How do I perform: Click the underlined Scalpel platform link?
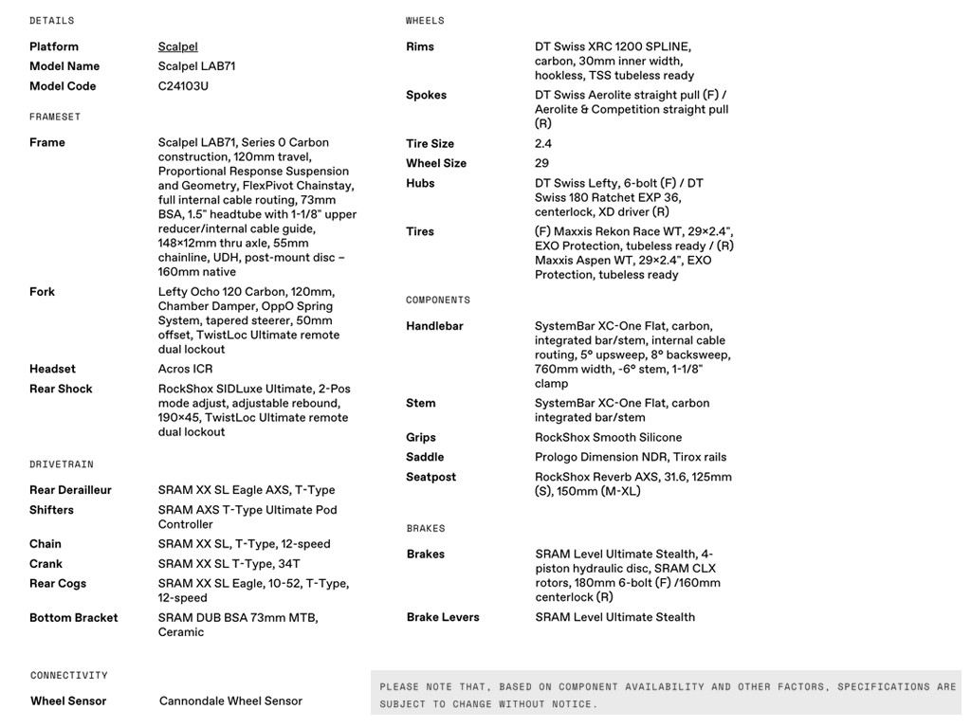pyautogui.click(x=177, y=46)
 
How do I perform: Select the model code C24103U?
pyautogui.click(x=183, y=86)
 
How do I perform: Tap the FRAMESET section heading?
pyautogui.click(x=55, y=117)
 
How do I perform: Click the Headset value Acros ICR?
pyautogui.click(x=185, y=369)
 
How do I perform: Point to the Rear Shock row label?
pyautogui.click(x=61, y=389)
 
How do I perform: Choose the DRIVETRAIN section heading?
pyautogui.click(x=62, y=464)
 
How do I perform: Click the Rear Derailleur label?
pyautogui.click(x=70, y=490)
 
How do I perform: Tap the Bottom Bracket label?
pyautogui.click(x=74, y=618)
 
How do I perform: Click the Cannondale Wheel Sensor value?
pyautogui.click(x=230, y=701)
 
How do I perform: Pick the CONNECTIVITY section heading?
pyautogui.click(x=69, y=676)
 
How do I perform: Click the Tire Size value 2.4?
pyautogui.click(x=543, y=144)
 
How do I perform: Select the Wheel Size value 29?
pyautogui.click(x=541, y=163)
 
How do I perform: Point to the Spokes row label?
pyautogui.click(x=426, y=95)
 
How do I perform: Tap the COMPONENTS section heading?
pyautogui.click(x=438, y=300)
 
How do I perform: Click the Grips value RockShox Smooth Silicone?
pyautogui.click(x=608, y=437)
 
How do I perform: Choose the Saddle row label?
pyautogui.click(x=425, y=457)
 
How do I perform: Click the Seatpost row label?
pyautogui.click(x=431, y=477)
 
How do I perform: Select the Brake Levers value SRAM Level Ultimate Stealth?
pyautogui.click(x=614, y=617)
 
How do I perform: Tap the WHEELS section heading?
pyautogui.click(x=425, y=21)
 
